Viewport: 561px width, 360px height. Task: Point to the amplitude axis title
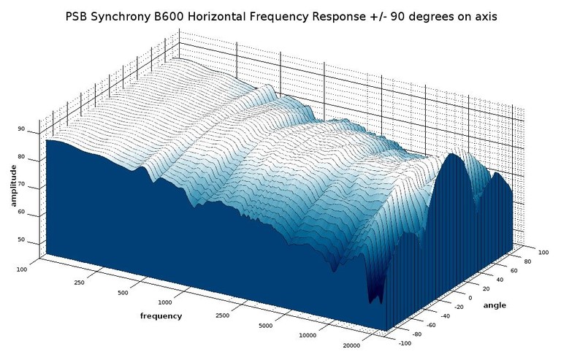pyautogui.click(x=15, y=185)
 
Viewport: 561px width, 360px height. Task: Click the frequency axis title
pyautogui.click(x=161, y=316)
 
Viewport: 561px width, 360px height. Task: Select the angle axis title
pyautogui.click(x=495, y=305)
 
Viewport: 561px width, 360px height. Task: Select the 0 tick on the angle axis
pyautogui.click(x=470, y=298)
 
